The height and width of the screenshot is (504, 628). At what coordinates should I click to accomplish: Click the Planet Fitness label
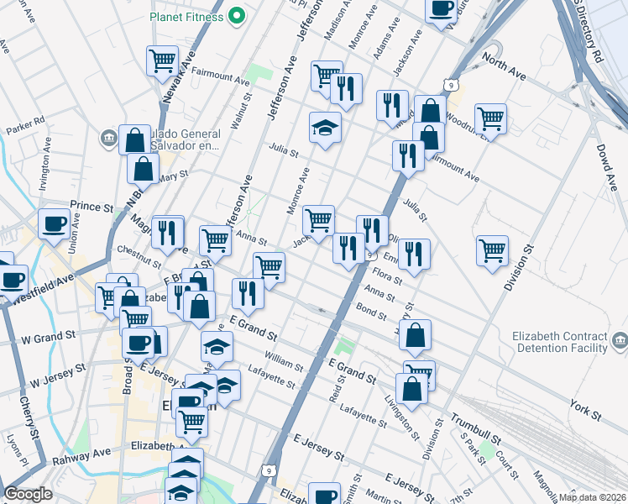[188, 16]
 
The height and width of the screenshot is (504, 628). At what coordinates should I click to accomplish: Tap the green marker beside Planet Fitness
[237, 15]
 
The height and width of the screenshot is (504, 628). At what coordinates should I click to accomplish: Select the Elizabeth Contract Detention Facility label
[560, 342]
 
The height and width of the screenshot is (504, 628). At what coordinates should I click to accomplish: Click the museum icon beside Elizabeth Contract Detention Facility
[620, 340]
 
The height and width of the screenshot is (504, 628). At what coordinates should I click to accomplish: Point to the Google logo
[29, 494]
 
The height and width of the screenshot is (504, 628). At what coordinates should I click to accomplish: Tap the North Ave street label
[504, 67]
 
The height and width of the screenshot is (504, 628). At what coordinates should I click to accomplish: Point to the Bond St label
[370, 312]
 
